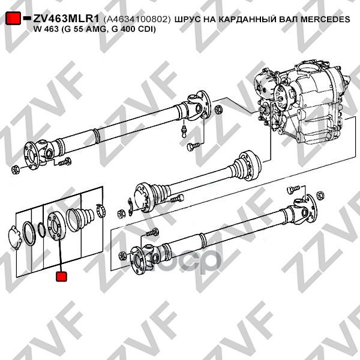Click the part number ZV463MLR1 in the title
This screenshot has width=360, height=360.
pos(66,19)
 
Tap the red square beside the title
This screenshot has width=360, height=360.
pos(13,18)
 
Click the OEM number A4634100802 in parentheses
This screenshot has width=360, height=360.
pos(137,20)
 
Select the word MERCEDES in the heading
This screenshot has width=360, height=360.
pos(325,19)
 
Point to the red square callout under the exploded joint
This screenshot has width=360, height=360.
pos(61,277)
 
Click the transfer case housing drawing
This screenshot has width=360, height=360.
pos(303,103)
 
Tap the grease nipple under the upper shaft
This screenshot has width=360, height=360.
pos(184,131)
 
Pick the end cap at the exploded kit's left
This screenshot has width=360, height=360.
pos(15,238)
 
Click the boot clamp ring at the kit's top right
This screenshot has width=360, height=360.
pos(101,211)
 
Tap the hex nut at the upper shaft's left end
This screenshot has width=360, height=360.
pos(15,170)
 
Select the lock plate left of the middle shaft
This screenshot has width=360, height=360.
pos(130,206)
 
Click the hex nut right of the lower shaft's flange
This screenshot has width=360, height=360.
pos(320,196)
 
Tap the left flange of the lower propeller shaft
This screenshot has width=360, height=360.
pos(139,260)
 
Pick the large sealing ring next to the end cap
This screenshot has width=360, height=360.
pos(29,234)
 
